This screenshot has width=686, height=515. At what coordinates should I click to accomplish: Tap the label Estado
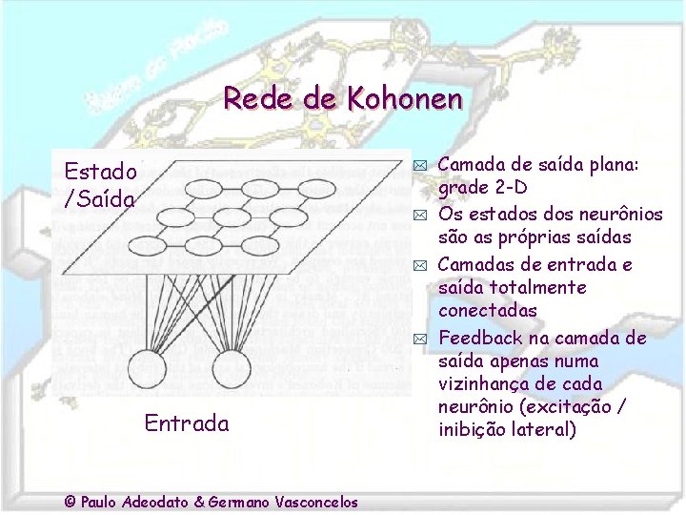click(100, 172)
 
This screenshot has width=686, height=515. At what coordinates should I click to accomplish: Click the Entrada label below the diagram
click(187, 423)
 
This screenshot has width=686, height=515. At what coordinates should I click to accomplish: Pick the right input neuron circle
click(232, 369)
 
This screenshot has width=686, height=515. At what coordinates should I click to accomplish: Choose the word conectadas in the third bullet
click(488, 311)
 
